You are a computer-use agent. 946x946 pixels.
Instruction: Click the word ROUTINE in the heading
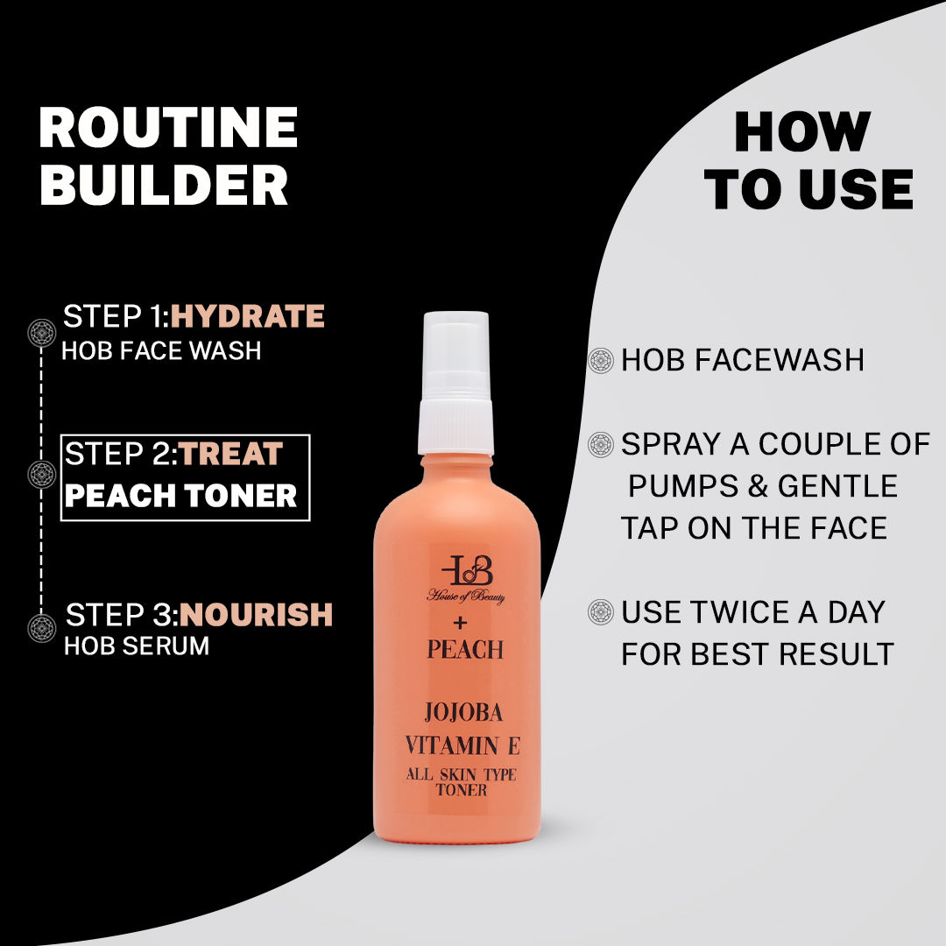click(x=168, y=128)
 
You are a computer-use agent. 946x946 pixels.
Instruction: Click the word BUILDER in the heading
click(x=164, y=185)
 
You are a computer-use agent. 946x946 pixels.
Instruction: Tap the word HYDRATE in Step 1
click(x=248, y=316)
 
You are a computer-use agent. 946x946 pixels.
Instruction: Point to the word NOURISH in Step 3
click(x=257, y=615)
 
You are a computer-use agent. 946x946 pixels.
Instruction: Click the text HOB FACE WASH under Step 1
click(x=161, y=351)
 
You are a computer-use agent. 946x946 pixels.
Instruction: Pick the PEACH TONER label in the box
click(x=181, y=497)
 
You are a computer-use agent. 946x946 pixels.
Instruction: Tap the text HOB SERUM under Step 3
click(x=137, y=646)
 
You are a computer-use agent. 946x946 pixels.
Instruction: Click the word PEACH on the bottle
click(x=465, y=650)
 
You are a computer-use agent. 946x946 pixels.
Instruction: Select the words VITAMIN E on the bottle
click(x=462, y=746)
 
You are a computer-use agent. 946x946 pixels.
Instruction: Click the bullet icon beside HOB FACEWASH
click(x=601, y=360)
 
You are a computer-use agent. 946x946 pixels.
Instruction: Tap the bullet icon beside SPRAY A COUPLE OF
click(x=601, y=444)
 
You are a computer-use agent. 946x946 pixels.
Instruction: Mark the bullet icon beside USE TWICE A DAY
click(x=601, y=611)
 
